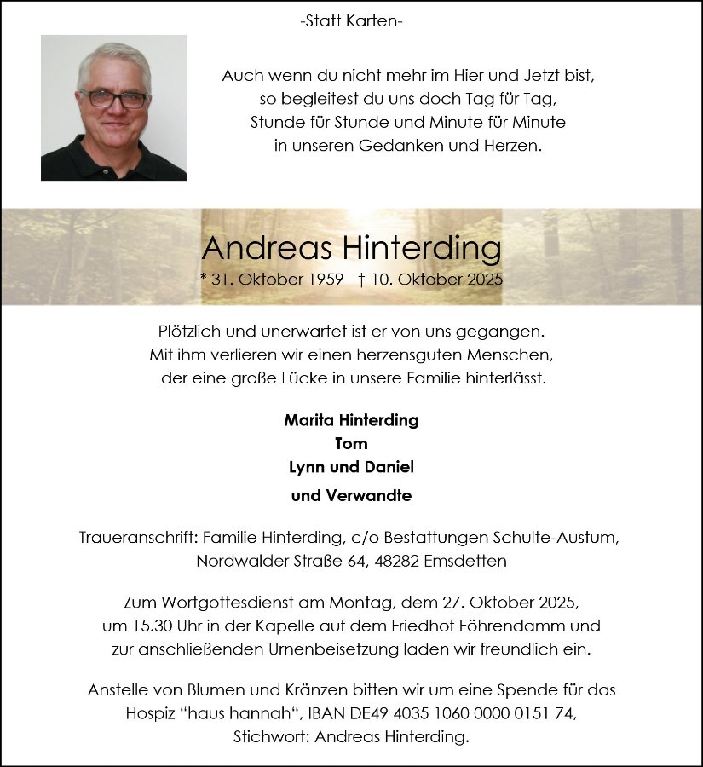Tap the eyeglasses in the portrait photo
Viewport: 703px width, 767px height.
point(112,99)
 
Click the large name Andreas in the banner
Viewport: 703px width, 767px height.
point(267,248)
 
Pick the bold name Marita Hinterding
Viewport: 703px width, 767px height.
point(351,420)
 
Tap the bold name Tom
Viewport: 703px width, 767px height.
point(351,443)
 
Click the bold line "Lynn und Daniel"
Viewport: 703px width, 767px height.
point(351,467)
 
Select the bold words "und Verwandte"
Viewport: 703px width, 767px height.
point(351,495)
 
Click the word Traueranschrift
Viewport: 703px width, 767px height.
point(127,539)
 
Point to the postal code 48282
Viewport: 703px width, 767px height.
point(392,562)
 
